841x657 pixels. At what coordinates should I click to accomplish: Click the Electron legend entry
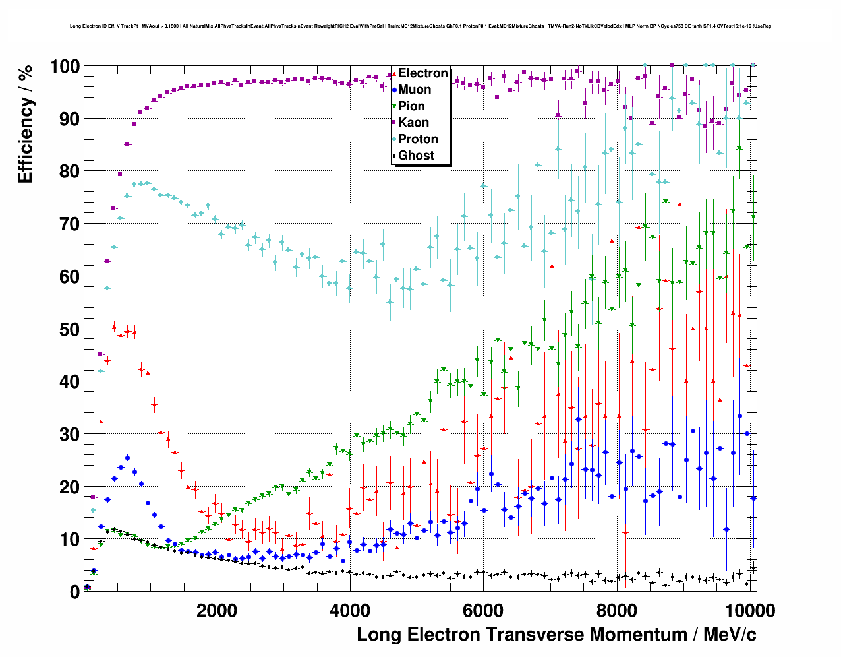click(422, 73)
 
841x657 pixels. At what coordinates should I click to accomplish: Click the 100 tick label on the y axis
click(65, 67)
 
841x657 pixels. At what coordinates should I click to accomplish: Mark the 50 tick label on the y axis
click(69, 329)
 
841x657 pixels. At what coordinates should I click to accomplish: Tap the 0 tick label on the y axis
click(74, 592)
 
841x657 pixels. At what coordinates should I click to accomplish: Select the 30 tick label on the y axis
click(69, 434)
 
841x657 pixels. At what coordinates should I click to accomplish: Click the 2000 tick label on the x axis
click(216, 610)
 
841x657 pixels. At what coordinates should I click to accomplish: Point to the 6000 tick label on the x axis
click(483, 610)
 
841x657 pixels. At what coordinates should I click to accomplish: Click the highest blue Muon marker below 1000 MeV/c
click(127, 458)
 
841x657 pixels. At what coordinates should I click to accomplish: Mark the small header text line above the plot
click(420, 26)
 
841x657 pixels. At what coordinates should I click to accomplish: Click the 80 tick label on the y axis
click(69, 172)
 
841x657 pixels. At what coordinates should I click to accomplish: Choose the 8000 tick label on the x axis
click(616, 610)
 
